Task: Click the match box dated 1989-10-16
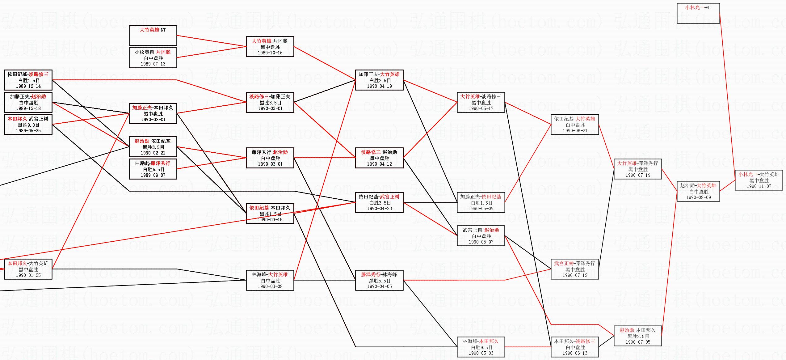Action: click(x=270, y=47)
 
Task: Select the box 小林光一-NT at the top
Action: click(x=698, y=13)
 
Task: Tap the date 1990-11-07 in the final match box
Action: click(x=759, y=186)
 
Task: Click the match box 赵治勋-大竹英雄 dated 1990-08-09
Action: click(x=698, y=191)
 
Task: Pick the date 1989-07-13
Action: click(x=153, y=64)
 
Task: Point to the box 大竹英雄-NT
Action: click(x=153, y=35)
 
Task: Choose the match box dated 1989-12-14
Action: click(x=28, y=80)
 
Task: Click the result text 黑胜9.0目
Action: click(x=28, y=125)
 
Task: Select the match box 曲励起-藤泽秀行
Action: click(x=153, y=169)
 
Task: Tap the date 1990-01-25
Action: click(x=28, y=275)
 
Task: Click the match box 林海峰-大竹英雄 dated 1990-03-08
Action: click(x=270, y=280)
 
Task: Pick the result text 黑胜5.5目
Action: click(x=379, y=281)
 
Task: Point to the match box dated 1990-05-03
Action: click(x=481, y=347)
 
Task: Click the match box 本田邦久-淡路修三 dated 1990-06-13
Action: click(x=575, y=347)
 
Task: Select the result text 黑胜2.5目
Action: click(x=638, y=336)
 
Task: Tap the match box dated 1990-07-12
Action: click(x=575, y=269)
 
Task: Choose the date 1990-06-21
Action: click(x=575, y=131)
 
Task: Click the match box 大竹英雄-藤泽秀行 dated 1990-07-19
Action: click(x=638, y=169)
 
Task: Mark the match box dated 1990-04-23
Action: click(x=379, y=202)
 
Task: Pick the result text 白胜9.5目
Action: click(x=481, y=347)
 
